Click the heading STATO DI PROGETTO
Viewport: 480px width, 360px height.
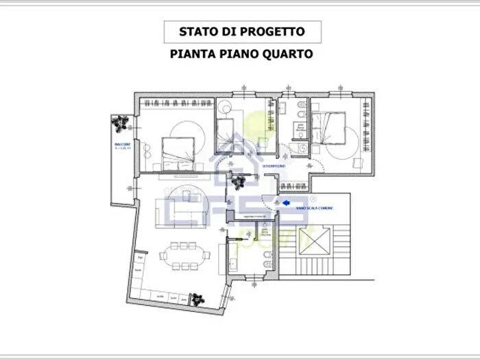click(241, 31)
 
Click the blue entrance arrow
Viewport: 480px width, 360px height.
click(286, 202)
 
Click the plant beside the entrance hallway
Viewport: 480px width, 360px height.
click(238, 182)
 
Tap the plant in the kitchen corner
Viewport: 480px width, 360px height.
click(197, 299)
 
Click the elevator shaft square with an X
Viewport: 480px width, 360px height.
click(315, 243)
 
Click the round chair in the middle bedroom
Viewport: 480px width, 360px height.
click(225, 110)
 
